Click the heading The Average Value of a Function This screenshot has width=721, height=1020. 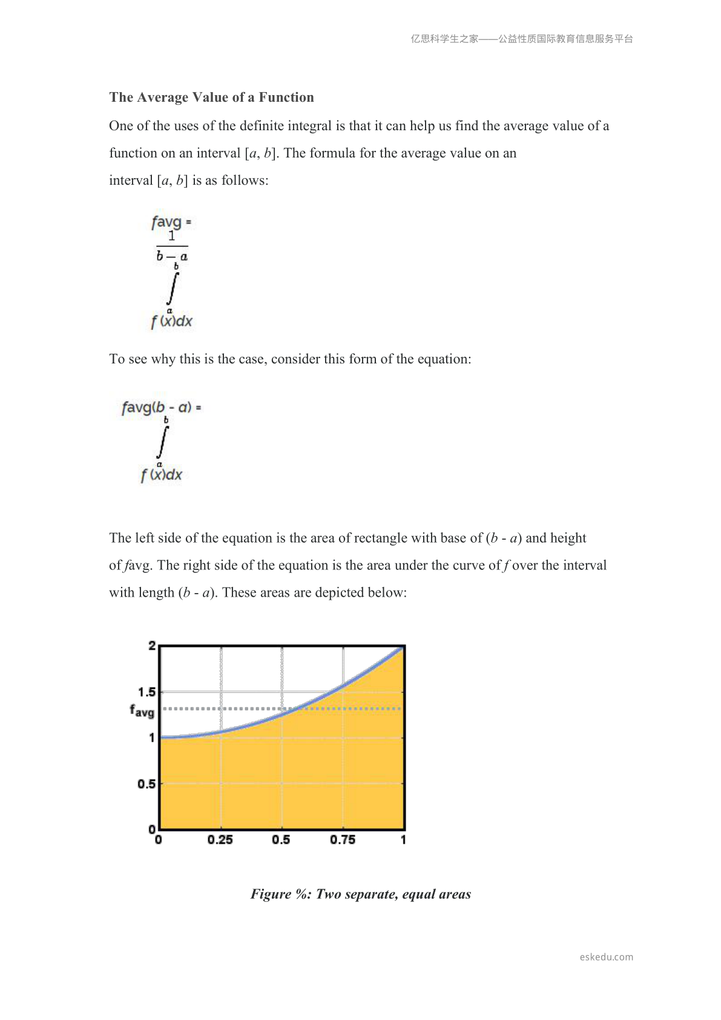pos(211,98)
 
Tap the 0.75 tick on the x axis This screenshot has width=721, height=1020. pos(343,840)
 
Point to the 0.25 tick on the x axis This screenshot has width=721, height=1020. pos(220,840)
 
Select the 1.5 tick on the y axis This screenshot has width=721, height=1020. pos(147,692)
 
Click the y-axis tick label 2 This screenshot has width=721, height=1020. pos(152,646)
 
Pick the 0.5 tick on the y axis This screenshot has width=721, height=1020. pos(146,784)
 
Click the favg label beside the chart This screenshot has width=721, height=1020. pos(142,710)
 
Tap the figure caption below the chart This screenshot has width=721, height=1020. pos(361,894)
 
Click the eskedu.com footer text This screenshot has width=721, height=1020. pos(606,957)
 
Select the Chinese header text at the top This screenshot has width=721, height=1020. pos(522,39)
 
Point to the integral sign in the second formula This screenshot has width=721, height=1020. pos(162,442)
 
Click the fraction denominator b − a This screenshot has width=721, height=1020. pos(172,256)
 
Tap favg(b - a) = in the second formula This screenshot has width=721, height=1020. pos(161,407)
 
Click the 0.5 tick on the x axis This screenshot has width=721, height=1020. pos(281,840)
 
